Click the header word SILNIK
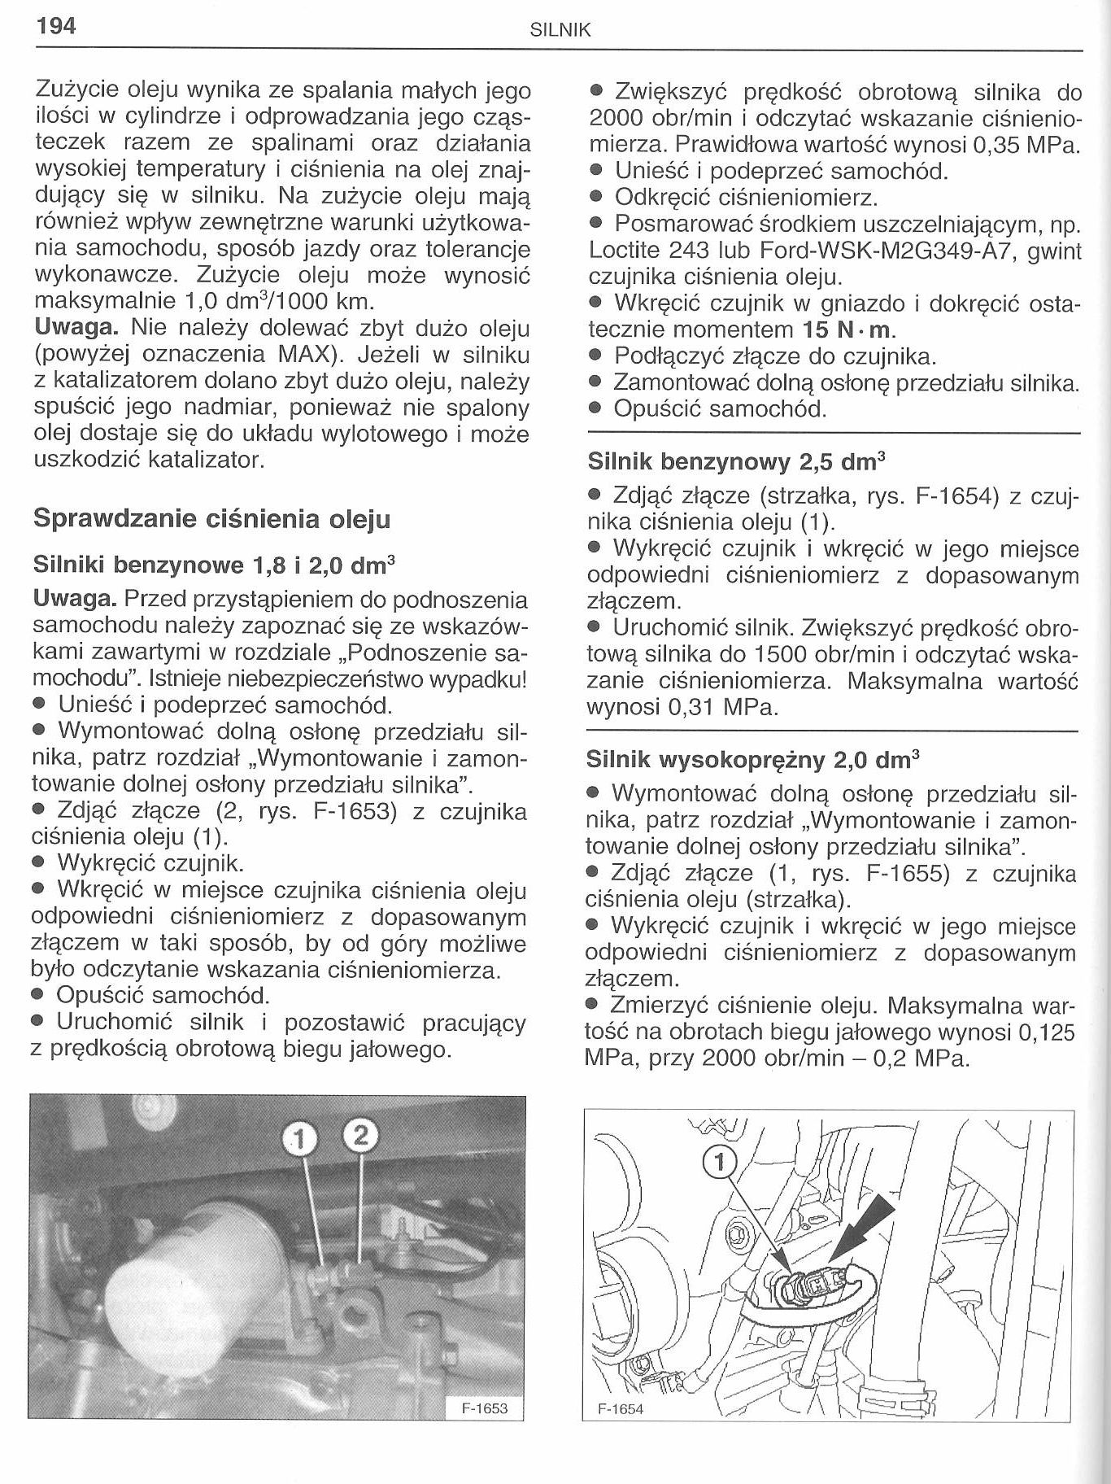(560, 32)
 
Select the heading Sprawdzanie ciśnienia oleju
(211, 519)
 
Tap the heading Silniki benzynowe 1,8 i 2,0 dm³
(214, 564)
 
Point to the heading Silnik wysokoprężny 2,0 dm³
(752, 760)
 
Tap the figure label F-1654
(621, 1409)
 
